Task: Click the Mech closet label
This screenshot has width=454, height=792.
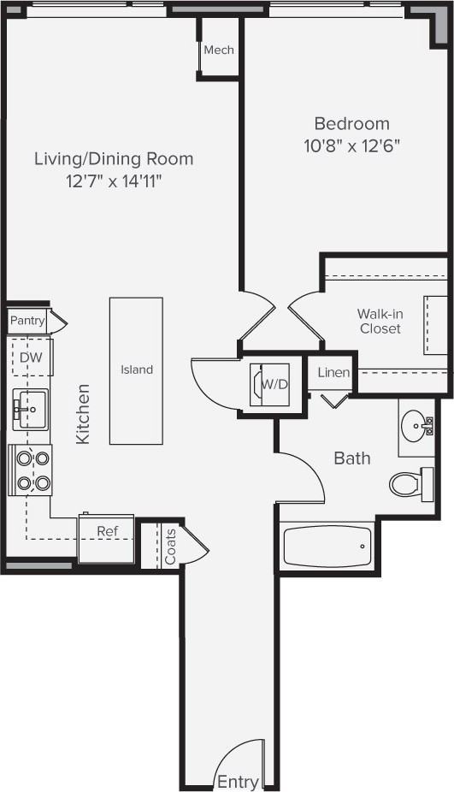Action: [x=218, y=50]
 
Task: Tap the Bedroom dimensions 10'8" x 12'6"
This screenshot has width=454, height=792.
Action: [x=351, y=145]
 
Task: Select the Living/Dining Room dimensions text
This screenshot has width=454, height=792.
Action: [x=114, y=180]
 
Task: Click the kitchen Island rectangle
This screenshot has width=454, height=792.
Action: [x=136, y=370]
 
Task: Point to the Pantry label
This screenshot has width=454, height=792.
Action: [x=27, y=321]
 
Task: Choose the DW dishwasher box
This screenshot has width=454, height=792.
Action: [x=31, y=358]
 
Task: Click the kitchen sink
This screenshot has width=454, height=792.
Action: [x=30, y=409]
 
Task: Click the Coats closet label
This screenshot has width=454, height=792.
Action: [x=170, y=546]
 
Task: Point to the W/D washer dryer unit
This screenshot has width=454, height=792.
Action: [x=270, y=385]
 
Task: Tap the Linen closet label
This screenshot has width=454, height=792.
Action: [x=333, y=373]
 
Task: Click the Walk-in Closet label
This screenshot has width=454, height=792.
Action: [x=380, y=322]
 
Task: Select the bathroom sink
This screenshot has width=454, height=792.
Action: [x=419, y=425]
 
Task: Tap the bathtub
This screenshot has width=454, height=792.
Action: [x=327, y=547]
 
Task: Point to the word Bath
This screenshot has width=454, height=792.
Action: [x=352, y=458]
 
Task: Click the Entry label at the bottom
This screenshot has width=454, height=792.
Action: [x=238, y=782]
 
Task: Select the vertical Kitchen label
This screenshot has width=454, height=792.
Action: [x=83, y=413]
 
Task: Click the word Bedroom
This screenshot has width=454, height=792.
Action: [x=351, y=124]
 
